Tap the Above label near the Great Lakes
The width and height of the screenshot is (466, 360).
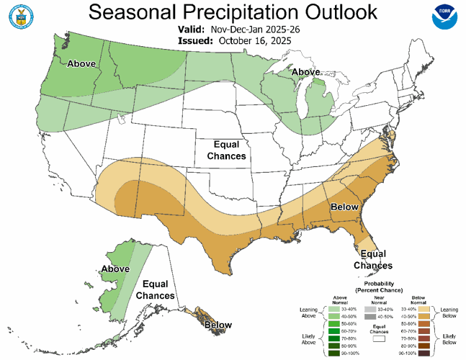pos(306,73)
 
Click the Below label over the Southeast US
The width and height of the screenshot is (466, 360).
pos(344,207)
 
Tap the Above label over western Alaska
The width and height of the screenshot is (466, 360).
pos(115,269)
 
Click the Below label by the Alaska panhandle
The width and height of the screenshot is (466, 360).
pos(217,325)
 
